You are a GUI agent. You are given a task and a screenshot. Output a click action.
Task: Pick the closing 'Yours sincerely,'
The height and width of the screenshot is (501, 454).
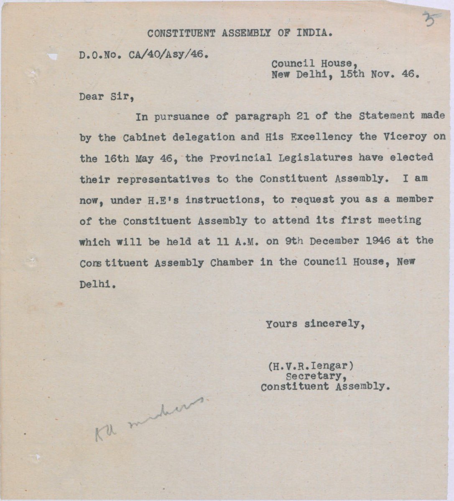click(x=315, y=324)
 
